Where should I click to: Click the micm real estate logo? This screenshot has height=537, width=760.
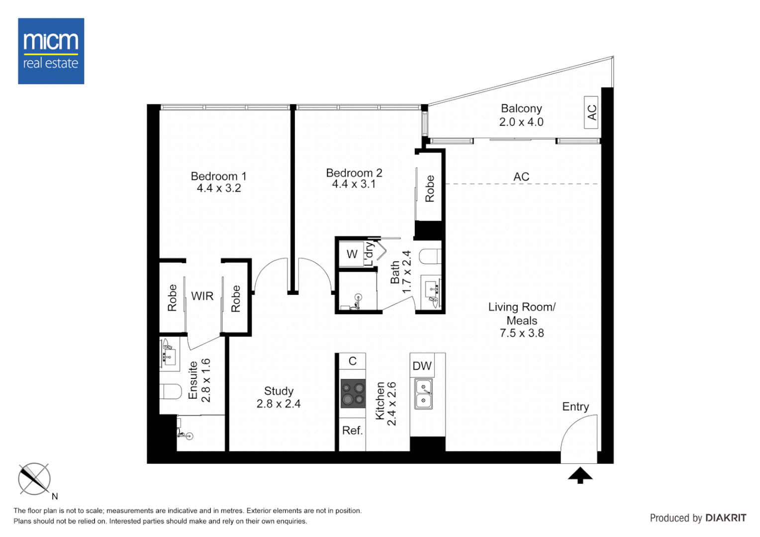point(51,51)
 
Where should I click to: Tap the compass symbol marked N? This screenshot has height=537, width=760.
point(34,479)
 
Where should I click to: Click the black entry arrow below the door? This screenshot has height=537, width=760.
point(580,475)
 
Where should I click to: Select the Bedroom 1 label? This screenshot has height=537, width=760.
point(218,176)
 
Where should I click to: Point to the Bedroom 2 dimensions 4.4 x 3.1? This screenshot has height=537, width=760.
point(354,184)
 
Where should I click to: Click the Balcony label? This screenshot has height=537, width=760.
point(521,108)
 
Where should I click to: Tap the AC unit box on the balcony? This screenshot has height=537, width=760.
point(591,112)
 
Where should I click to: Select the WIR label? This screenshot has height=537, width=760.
point(202,296)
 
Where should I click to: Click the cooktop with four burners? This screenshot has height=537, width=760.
point(353,394)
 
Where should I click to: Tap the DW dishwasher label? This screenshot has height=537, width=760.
point(422,366)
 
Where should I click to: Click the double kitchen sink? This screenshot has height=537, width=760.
point(423,394)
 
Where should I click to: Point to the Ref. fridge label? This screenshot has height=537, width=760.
point(352,431)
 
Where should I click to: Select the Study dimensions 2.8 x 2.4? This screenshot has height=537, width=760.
point(279,404)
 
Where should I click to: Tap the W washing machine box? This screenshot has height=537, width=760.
point(352,254)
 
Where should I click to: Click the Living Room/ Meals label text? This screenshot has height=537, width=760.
point(521,314)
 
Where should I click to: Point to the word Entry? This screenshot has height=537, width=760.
point(575,407)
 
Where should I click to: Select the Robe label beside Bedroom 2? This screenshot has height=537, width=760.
point(430,188)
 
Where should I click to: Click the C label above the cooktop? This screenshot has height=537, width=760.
point(352,361)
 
